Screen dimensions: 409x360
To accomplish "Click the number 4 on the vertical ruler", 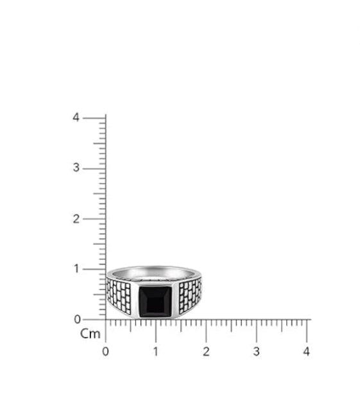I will tap(76, 117).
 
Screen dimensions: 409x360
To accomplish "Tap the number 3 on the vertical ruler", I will tap(76, 168).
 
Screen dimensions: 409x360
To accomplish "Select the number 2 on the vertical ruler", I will tap(76, 218).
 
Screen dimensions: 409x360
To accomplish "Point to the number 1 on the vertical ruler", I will tap(76, 268).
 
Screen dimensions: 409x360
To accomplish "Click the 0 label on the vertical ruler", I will tap(76, 319).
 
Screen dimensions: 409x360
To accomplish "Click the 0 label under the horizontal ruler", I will tap(106, 351).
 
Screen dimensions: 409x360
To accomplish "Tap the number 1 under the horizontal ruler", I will tap(155, 351).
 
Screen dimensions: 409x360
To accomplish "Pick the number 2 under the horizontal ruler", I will tap(206, 351).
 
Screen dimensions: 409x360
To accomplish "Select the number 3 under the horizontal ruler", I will tap(256, 351).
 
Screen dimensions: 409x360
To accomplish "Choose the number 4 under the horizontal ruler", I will tap(307, 351).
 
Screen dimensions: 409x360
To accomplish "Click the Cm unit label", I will tap(90, 334).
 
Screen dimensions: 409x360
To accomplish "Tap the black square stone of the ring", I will tap(155, 301).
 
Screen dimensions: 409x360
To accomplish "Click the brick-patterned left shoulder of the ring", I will tap(121, 297).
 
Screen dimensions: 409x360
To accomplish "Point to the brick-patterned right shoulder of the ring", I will tap(190, 295).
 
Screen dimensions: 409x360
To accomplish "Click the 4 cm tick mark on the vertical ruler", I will tap(94, 118).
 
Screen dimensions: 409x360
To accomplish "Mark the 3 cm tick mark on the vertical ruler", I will tap(94, 168).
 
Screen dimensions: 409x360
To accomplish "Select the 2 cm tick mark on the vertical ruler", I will tap(94, 218).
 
